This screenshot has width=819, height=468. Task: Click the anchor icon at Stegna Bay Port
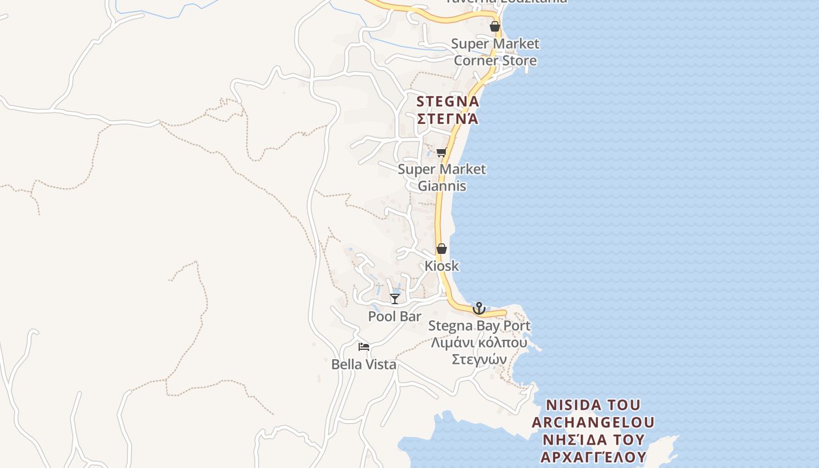pyautogui.click(x=479, y=308)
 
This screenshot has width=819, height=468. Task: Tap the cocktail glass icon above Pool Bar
pyautogui.click(x=395, y=299)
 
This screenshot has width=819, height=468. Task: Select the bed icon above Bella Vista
pyautogui.click(x=364, y=347)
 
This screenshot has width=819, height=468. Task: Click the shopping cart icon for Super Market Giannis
pyautogui.click(x=442, y=152)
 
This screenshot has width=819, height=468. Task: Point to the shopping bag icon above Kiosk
pyautogui.click(x=442, y=249)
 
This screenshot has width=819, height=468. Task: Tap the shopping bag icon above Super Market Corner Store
pyautogui.click(x=495, y=26)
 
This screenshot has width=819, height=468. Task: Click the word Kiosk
pyautogui.click(x=442, y=266)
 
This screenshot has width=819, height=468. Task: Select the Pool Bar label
pyautogui.click(x=395, y=316)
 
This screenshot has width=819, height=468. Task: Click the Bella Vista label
pyautogui.click(x=364, y=364)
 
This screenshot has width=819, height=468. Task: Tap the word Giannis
pyautogui.click(x=442, y=186)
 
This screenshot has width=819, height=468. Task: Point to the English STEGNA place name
pyautogui.click(x=448, y=102)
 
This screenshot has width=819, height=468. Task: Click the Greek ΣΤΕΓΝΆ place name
pyautogui.click(x=448, y=119)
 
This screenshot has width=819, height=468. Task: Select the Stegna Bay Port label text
pyautogui.click(x=479, y=326)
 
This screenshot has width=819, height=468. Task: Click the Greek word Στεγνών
pyautogui.click(x=479, y=359)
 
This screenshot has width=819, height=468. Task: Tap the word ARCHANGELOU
pyautogui.click(x=593, y=422)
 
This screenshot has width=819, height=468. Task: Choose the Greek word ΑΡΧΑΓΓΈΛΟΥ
pyautogui.click(x=593, y=456)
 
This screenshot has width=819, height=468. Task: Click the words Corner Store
pyautogui.click(x=495, y=60)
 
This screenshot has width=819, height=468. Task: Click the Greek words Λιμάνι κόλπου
pyautogui.click(x=479, y=342)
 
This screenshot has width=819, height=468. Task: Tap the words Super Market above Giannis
pyautogui.click(x=442, y=169)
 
